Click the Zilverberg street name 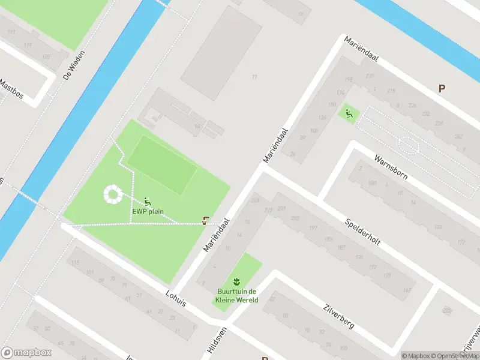338,315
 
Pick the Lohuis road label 176,298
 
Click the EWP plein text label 148,211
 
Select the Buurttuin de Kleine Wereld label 238,296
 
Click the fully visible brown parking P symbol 442,88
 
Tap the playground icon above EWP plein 148,201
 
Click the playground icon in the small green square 347,112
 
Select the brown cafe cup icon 206,221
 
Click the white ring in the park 112,194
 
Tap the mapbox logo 26,352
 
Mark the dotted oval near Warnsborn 409,146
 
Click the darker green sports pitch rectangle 162,164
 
